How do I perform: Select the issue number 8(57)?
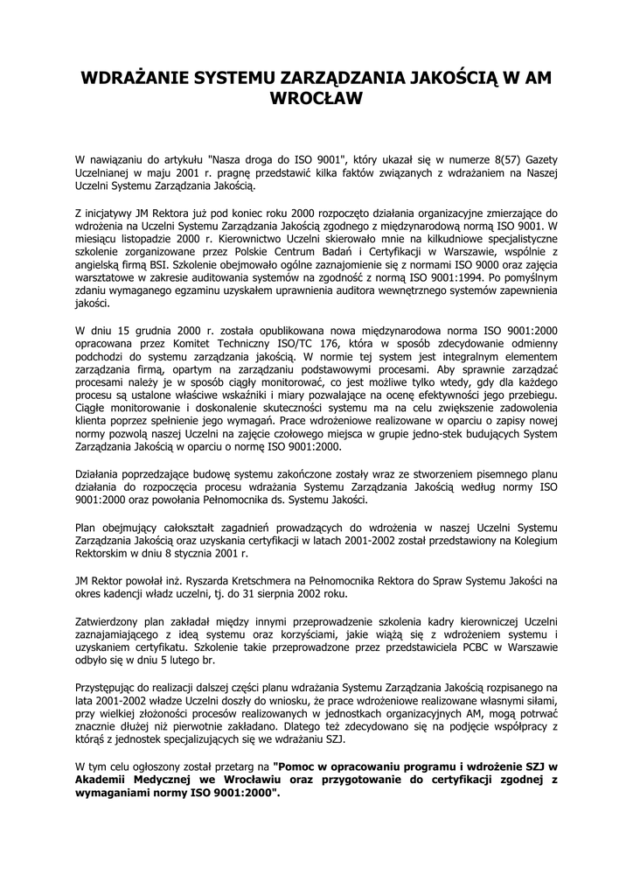(494, 160)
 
